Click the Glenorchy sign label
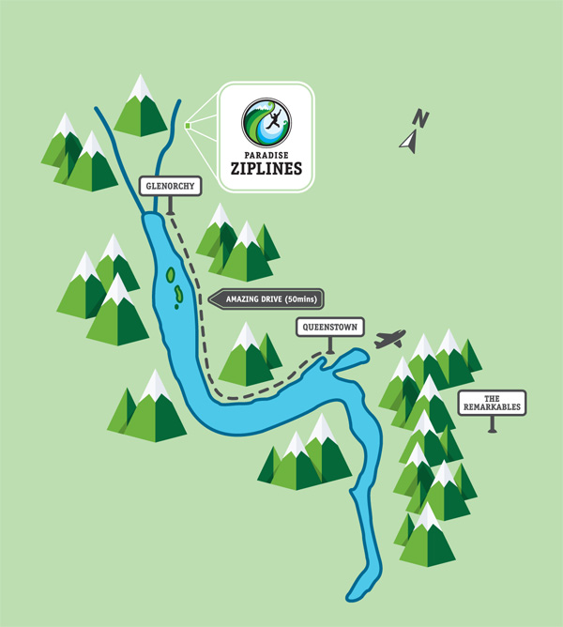[x=171, y=186]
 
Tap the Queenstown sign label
[x=328, y=329]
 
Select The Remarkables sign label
[x=492, y=403]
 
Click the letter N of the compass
[x=422, y=119]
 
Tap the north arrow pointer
[x=408, y=142]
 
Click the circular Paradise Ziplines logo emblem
[x=266, y=122]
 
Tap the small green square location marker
[x=189, y=124]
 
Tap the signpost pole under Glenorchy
[x=171, y=206]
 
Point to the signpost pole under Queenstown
[x=328, y=345]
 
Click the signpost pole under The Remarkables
[x=492, y=423]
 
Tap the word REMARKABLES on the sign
[x=492, y=407]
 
